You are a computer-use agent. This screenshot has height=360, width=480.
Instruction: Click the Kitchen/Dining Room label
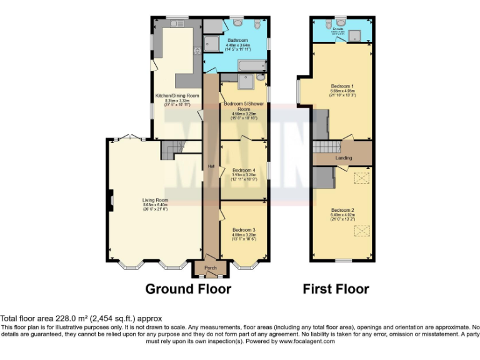pos(177,96)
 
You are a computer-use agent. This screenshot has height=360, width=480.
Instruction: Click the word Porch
pos(211,268)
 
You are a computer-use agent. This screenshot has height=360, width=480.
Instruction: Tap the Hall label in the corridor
pos(211,166)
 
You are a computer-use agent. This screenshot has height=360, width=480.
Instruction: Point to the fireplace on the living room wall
pos(110,201)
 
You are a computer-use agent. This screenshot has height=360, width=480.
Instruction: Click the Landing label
pos(344,158)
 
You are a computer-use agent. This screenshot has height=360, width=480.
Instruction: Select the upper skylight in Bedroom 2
pos(360,179)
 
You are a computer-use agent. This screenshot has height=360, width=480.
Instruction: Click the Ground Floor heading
pos(188,289)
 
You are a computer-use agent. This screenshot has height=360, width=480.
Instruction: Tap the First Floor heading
pos(336,289)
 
